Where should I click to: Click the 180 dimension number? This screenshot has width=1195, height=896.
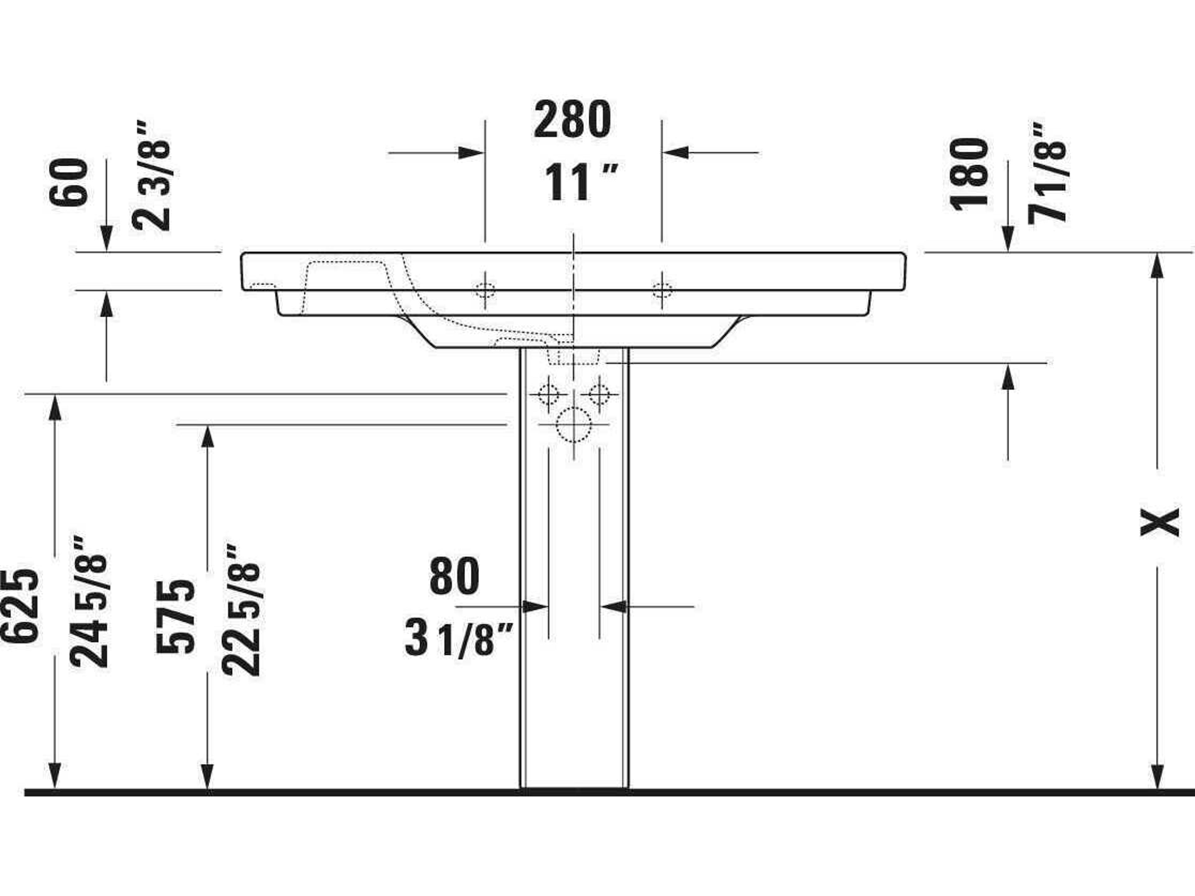point(970,173)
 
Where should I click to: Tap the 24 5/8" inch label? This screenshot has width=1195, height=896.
point(89,602)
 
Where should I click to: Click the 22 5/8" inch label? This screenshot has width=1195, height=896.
point(241,610)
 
